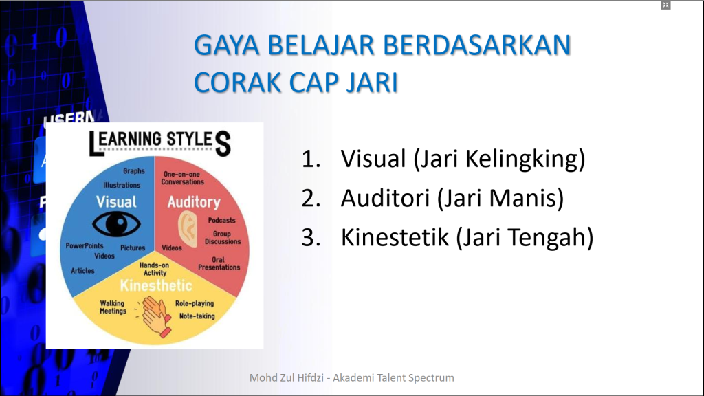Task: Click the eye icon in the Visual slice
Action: coord(116,223)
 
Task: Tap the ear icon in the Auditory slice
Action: coord(188,225)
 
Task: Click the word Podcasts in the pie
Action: coord(221,221)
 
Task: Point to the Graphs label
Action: coord(134,171)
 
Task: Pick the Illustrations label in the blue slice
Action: coord(122,185)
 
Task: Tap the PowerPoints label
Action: coord(85,245)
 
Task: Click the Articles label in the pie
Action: coord(82,271)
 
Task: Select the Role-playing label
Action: coord(194,303)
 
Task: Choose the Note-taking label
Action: coord(197,316)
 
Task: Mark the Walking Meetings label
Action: coord(113,307)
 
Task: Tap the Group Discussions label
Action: coord(223,238)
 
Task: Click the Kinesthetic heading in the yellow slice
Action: coord(156,285)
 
